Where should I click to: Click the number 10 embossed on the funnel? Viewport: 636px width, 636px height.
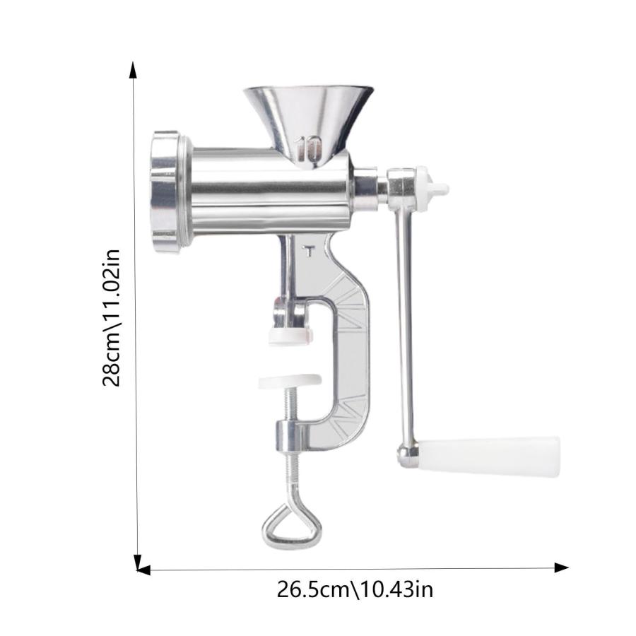[309, 148]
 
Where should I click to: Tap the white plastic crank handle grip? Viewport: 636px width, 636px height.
[490, 457]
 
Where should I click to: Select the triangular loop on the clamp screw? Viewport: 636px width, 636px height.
[292, 526]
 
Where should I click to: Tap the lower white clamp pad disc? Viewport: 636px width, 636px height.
[290, 381]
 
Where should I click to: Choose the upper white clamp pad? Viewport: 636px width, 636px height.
[290, 336]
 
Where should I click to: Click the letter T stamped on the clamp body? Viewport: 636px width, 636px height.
[309, 251]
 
